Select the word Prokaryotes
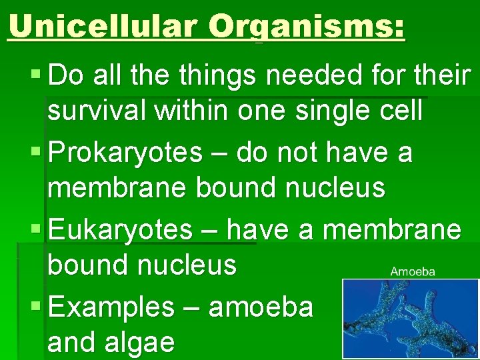[125, 153]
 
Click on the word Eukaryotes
[120, 231]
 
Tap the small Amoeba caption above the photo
[413, 271]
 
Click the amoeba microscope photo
[410, 319]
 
